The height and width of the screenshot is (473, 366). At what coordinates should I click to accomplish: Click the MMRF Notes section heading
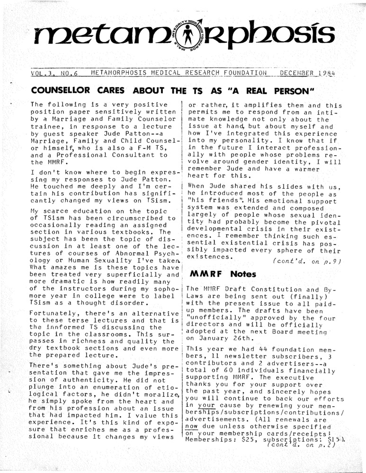click(x=216, y=274)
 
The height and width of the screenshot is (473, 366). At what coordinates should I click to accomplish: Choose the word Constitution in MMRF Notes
click(x=274, y=288)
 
